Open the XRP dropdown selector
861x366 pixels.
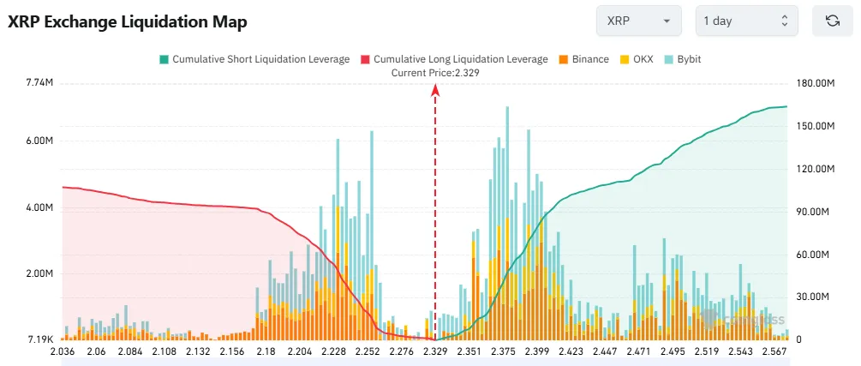tap(638, 21)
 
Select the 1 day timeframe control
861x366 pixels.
tap(746, 21)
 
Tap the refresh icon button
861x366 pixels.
tap(832, 21)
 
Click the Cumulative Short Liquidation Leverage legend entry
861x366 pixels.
tap(254, 59)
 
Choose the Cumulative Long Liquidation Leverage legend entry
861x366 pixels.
tap(454, 59)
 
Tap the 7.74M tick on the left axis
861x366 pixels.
tap(40, 83)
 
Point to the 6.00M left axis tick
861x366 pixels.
tap(40, 141)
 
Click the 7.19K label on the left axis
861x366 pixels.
tap(40, 340)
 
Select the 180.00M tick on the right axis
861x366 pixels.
tap(816, 83)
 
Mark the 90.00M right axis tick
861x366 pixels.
tap(816, 212)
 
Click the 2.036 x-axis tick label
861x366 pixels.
tap(63, 352)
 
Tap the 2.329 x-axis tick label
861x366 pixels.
tap(435, 352)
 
